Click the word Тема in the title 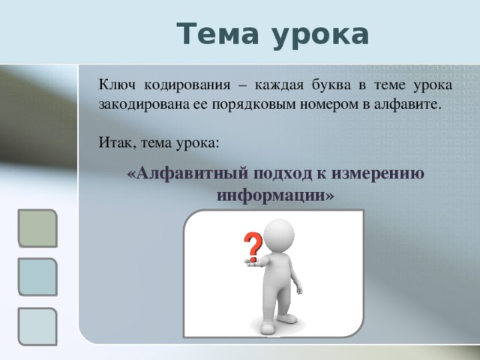pyautogui.click(x=217, y=34)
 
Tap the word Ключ pyautogui.click(x=117, y=85)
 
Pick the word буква pyautogui.click(x=331, y=85)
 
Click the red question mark pyautogui.click(x=253, y=247)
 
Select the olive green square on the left pyautogui.click(x=37, y=228)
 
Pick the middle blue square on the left pyautogui.click(x=37, y=277)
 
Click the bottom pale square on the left pyautogui.click(x=37, y=327)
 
